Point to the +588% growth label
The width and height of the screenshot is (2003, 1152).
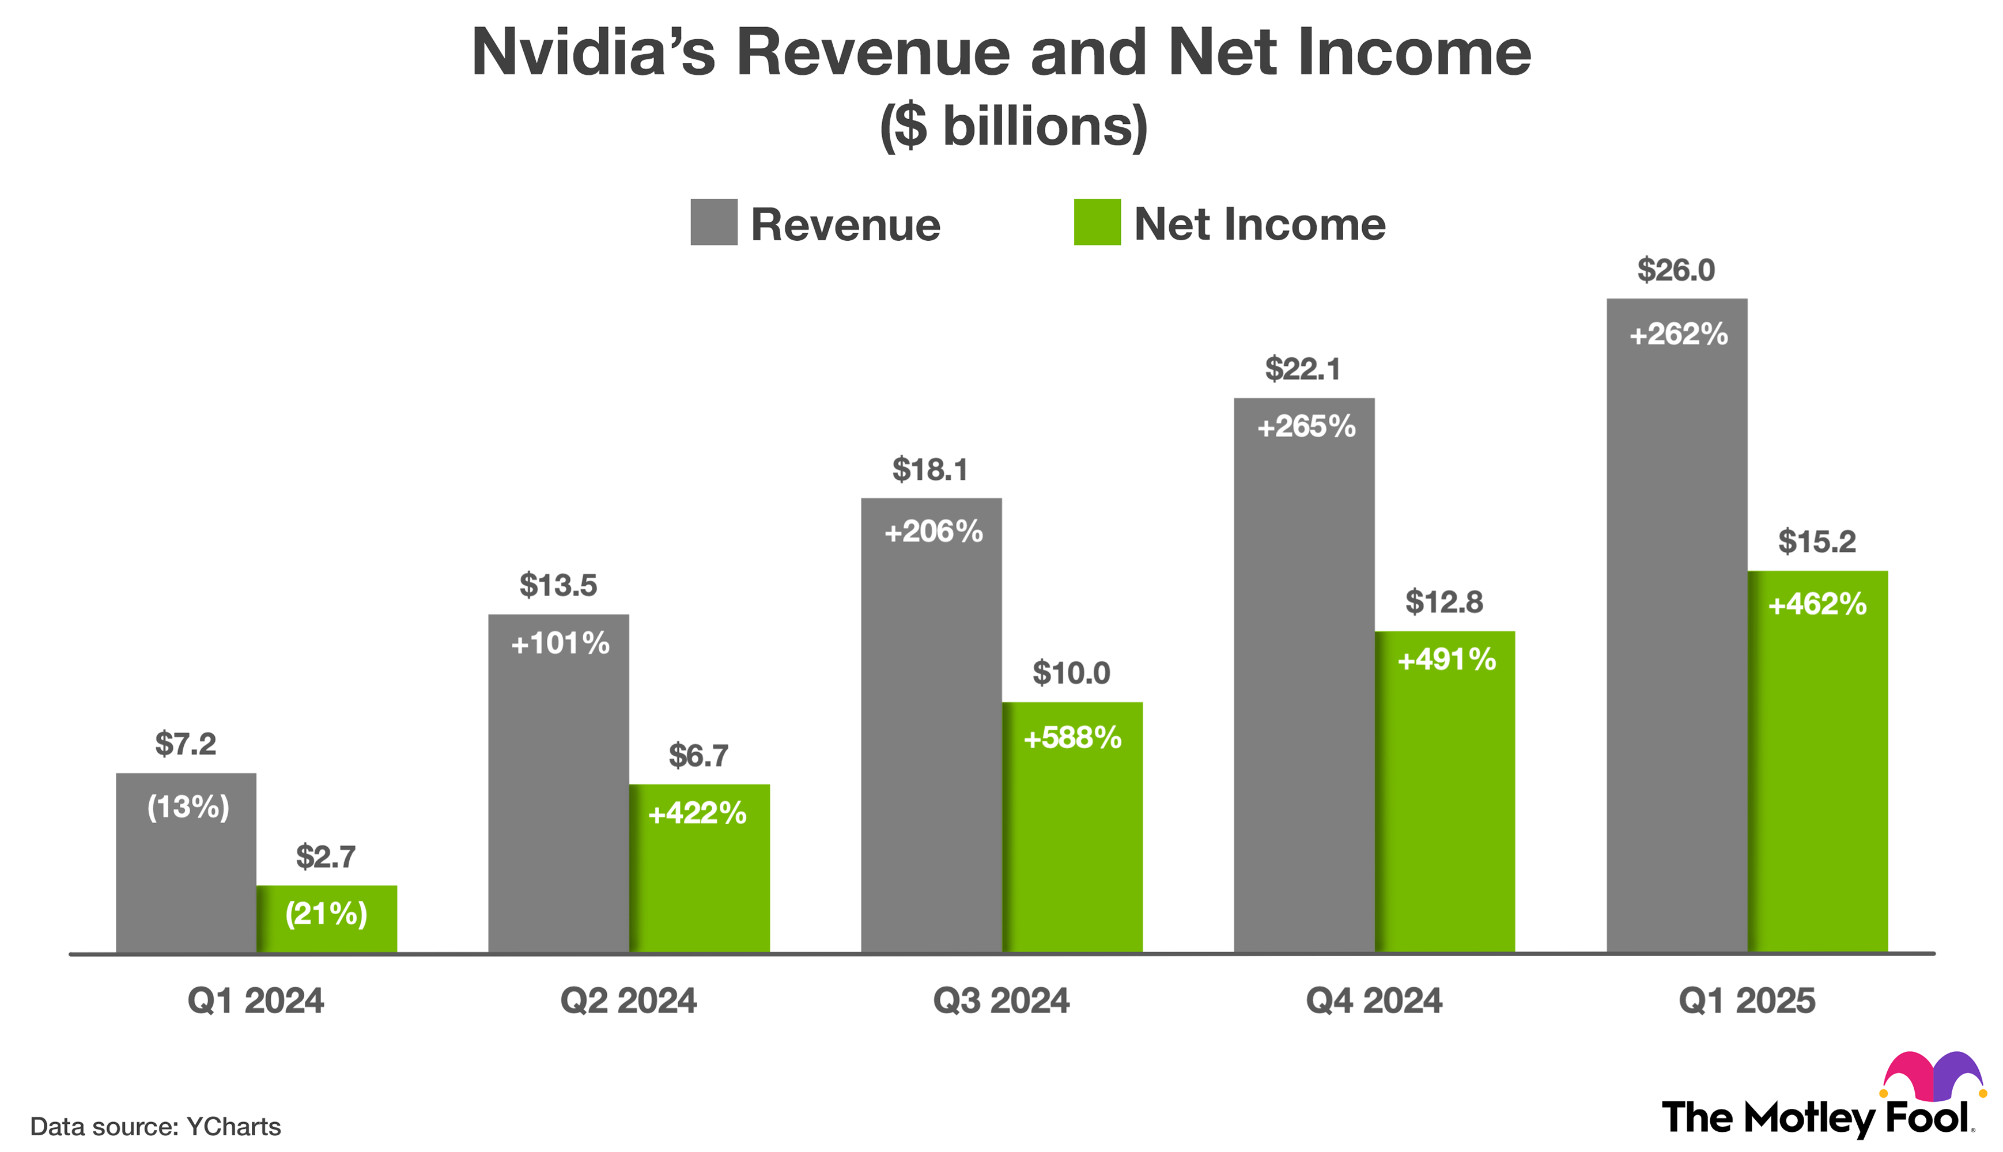[x=1072, y=738]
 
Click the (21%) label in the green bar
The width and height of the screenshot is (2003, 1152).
[x=326, y=914]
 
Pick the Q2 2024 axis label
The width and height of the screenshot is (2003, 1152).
[x=628, y=1001]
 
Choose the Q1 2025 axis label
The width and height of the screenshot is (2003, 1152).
[x=1747, y=1001]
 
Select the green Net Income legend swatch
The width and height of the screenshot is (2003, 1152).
[x=1096, y=222]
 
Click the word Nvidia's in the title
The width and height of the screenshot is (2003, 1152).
[x=593, y=53]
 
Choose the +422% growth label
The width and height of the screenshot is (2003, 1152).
[x=697, y=813]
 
